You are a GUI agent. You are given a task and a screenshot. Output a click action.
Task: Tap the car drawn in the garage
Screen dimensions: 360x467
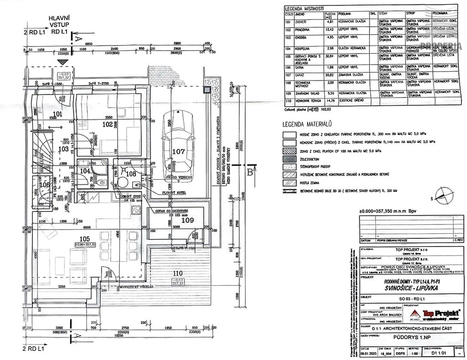tap(179, 141)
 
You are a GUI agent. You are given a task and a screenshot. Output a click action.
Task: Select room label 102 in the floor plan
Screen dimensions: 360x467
tap(107, 123)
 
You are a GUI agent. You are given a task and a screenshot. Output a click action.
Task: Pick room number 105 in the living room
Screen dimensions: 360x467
tap(83, 238)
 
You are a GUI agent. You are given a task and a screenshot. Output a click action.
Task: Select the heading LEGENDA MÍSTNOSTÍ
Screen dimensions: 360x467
tap(304, 9)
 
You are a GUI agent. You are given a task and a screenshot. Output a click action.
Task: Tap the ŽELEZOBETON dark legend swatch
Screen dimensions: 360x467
tap(289, 159)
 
